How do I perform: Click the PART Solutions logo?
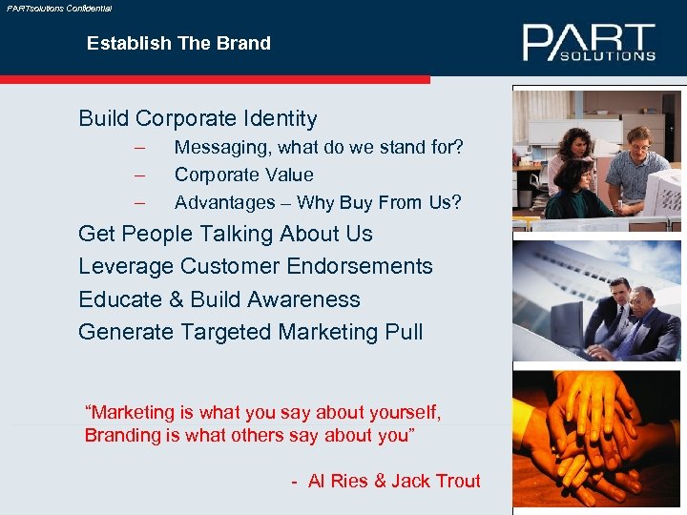click(x=588, y=43)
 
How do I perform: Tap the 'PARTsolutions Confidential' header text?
click(x=59, y=8)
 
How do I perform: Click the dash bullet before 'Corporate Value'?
click(x=140, y=175)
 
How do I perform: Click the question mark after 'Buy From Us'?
click(x=457, y=202)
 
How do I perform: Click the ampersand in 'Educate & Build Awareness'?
click(x=176, y=299)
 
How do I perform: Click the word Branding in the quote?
click(x=127, y=435)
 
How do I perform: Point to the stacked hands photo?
click(x=595, y=439)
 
